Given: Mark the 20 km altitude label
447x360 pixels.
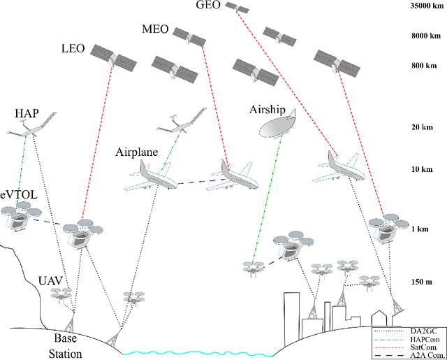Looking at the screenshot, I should [425, 127].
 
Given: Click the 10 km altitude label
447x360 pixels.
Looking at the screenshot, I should [425, 170].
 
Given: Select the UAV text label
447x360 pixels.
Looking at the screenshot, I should [51, 280].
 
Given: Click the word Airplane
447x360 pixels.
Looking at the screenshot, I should [138, 152].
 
